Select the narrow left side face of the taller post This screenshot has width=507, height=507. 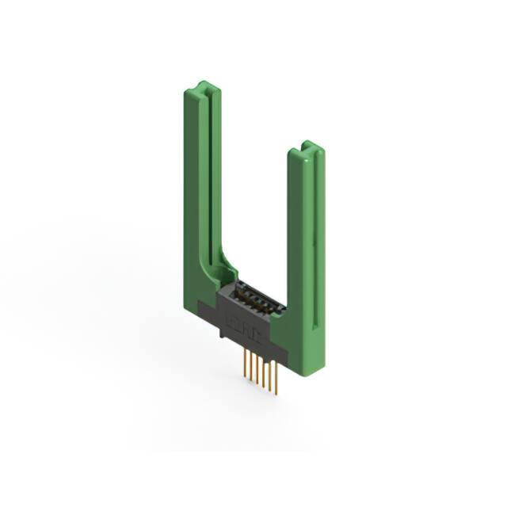pyautogui.click(x=188, y=198)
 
